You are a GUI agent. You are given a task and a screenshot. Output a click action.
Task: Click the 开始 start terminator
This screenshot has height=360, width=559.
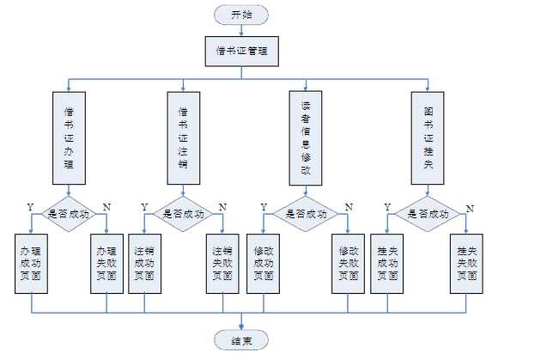pyautogui.click(x=242, y=15)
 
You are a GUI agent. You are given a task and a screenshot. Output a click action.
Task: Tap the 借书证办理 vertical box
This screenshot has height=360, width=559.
pyautogui.click(x=69, y=137)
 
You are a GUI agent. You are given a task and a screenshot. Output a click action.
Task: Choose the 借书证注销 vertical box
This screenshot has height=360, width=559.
pyautogui.click(x=183, y=137)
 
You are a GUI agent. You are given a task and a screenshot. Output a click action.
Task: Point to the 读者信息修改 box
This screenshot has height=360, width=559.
pyautogui.click(x=306, y=137)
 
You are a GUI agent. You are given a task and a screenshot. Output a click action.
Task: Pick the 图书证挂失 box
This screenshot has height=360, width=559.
pyautogui.click(x=428, y=137)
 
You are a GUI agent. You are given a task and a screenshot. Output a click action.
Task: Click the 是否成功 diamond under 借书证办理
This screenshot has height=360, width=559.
pyautogui.click(x=69, y=215)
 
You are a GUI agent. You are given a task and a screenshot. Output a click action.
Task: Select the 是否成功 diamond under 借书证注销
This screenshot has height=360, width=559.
pyautogui.click(x=183, y=215)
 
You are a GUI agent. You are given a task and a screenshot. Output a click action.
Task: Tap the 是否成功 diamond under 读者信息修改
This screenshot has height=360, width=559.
pyautogui.click(x=306, y=215)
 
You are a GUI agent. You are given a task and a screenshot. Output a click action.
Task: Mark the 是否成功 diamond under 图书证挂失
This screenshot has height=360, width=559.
pyautogui.click(x=428, y=215)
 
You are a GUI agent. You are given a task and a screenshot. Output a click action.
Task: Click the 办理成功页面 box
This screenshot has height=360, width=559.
pyautogui.click(x=32, y=263)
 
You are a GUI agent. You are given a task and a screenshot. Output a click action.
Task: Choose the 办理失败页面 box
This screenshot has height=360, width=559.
pyautogui.click(x=106, y=263)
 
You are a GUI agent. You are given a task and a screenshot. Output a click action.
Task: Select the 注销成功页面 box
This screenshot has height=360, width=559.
pyautogui.click(x=144, y=263)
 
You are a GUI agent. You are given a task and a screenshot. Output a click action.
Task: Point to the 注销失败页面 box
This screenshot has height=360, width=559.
pyautogui.click(x=222, y=263)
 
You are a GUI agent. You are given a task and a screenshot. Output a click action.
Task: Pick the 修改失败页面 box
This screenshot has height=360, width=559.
pyautogui.click(x=348, y=263)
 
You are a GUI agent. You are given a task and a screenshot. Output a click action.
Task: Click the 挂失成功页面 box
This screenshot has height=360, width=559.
pyautogui.click(x=387, y=263)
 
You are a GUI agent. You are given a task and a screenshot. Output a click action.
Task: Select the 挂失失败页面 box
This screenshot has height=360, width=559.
pyautogui.click(x=466, y=263)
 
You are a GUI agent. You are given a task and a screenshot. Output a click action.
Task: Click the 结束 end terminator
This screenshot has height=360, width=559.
pyautogui.click(x=241, y=341)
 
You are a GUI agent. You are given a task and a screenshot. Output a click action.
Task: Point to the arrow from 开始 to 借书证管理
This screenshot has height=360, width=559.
pyautogui.click(x=242, y=30)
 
